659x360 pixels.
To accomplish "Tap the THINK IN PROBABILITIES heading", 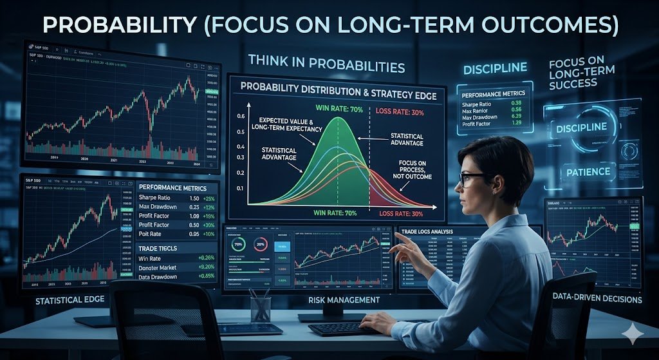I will (326, 66).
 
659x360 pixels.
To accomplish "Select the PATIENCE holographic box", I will (588, 171).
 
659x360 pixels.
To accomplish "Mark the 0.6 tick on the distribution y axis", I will (241, 117).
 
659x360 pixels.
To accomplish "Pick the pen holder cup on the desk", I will (260, 308).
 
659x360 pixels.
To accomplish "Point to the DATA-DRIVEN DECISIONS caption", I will (597, 299).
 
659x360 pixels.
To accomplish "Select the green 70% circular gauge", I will (238, 245).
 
